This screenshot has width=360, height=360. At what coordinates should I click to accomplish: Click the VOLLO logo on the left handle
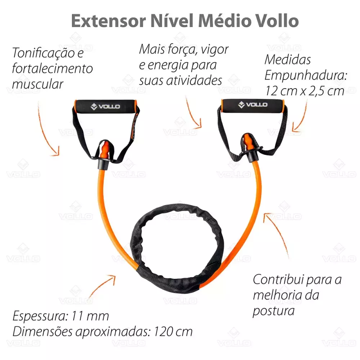105,107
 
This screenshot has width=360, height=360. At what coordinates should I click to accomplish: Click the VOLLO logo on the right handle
253,105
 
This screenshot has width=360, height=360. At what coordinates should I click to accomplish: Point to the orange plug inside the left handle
105,150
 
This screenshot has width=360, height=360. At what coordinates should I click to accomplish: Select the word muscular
37,84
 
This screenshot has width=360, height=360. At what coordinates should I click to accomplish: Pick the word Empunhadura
306,76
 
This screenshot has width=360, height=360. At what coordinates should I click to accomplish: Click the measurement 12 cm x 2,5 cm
305,91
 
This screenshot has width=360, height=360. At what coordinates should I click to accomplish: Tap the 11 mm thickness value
90,316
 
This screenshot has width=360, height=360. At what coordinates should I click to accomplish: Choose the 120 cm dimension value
173,332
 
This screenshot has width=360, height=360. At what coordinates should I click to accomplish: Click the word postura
274,311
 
